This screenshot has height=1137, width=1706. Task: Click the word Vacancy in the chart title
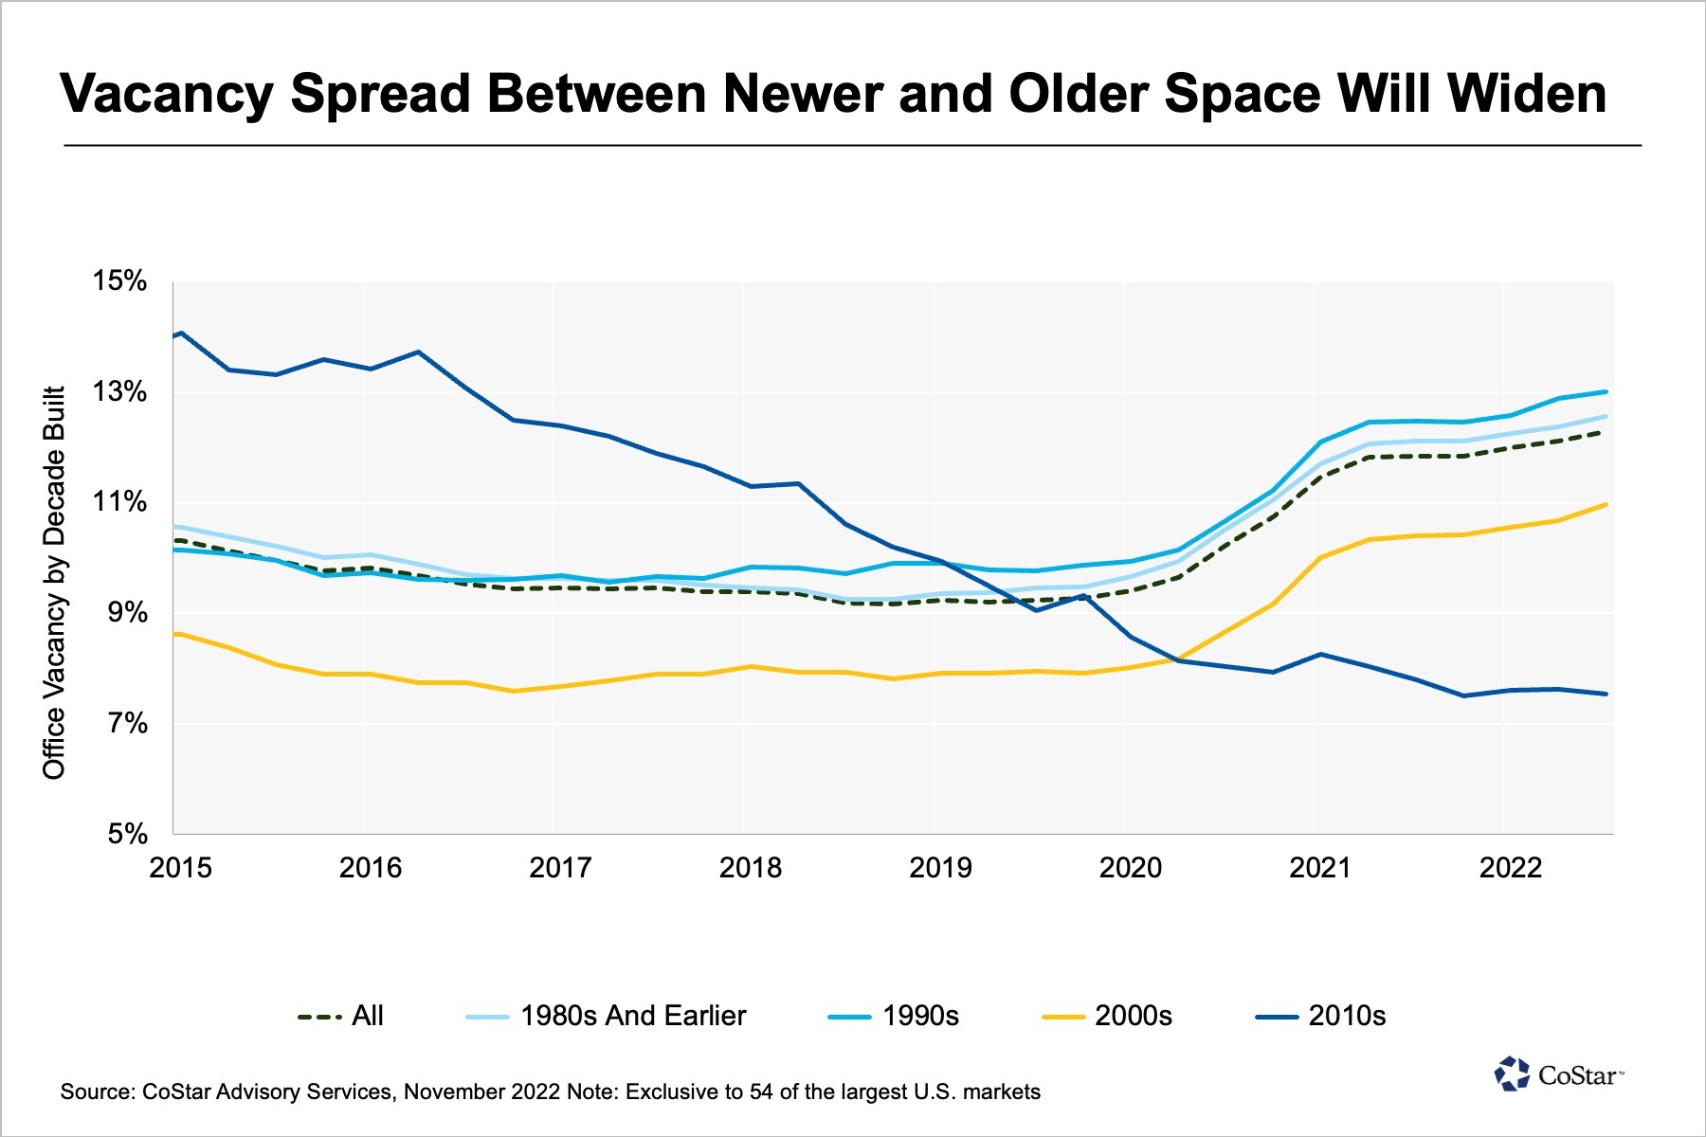coord(167,93)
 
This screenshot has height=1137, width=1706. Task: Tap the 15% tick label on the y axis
coord(119,280)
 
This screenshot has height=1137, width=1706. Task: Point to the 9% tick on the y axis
coord(127,613)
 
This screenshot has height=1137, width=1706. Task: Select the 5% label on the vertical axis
coord(127,834)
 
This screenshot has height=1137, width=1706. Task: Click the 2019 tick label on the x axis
coord(940,867)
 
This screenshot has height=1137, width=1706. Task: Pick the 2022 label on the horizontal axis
coord(1510,867)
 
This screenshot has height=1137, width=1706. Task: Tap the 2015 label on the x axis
coord(181,867)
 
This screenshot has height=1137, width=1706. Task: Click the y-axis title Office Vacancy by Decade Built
coord(54,582)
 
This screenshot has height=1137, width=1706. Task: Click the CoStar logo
coord(1559,1074)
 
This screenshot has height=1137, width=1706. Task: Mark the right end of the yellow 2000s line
coord(1606,505)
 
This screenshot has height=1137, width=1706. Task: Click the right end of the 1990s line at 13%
coord(1606,392)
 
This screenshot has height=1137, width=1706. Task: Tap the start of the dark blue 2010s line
coord(175,334)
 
